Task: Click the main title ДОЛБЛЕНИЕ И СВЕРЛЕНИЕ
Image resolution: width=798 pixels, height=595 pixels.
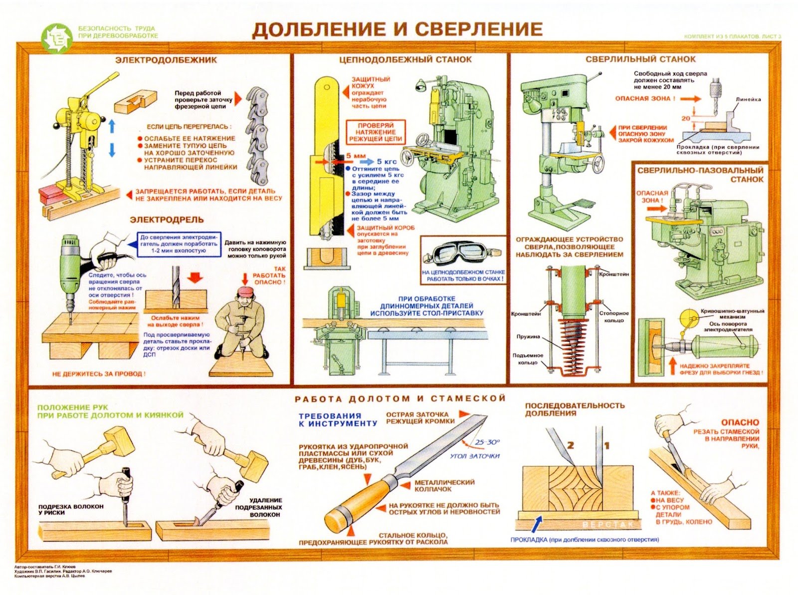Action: pyautogui.click(x=397, y=29)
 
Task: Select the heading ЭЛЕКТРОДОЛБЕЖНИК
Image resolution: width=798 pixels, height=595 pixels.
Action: pyautogui.click(x=166, y=60)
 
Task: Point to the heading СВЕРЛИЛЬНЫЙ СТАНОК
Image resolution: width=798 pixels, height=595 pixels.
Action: pyautogui.click(x=640, y=59)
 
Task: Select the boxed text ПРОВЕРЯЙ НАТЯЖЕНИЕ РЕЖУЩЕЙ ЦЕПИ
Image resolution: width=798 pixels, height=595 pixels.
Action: pyautogui.click(x=375, y=132)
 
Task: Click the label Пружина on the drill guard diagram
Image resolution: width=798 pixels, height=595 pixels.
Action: pyautogui.click(x=528, y=336)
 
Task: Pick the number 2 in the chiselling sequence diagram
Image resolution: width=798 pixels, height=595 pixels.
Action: pyautogui.click(x=571, y=444)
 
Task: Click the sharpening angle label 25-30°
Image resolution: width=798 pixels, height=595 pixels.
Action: pyautogui.click(x=487, y=442)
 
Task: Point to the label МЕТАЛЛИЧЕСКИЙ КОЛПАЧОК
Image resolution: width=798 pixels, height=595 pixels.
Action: pyautogui.click(x=444, y=486)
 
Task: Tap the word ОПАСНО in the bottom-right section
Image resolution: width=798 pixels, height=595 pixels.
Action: pyautogui.click(x=740, y=422)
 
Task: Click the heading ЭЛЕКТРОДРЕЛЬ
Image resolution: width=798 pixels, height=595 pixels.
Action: pyautogui.click(x=167, y=220)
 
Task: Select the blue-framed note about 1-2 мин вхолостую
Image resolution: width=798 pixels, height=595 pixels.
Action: pyautogui.click(x=179, y=244)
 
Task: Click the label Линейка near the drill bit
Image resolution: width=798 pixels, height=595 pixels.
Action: pyautogui.click(x=748, y=99)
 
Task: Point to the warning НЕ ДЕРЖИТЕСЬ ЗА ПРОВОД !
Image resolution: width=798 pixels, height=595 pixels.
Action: pyautogui.click(x=99, y=373)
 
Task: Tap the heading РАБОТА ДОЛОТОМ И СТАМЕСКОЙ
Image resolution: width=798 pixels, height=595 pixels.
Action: pyautogui.click(x=400, y=398)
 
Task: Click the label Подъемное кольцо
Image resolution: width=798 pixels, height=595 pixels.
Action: pyautogui.click(x=528, y=359)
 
